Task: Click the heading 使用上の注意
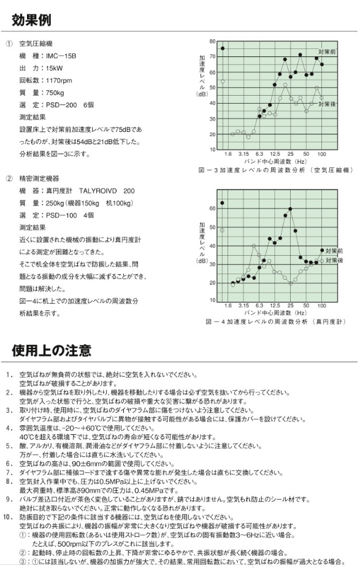52,350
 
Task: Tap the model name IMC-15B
61,56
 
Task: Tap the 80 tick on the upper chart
212,42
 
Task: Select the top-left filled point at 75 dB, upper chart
223,48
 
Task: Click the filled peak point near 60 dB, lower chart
290,209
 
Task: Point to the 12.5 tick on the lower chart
275,305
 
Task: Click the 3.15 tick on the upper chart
243,154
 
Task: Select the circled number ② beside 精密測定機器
9,178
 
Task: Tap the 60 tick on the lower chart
212,209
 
